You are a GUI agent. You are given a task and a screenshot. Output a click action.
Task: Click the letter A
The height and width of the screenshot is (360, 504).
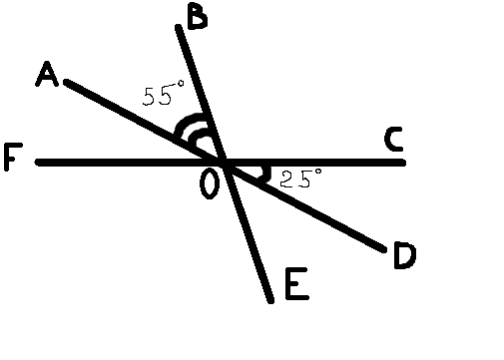[46, 75]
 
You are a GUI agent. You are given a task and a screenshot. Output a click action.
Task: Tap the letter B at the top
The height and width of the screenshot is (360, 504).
[197, 18]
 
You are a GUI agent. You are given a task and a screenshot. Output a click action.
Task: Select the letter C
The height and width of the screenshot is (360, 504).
[394, 141]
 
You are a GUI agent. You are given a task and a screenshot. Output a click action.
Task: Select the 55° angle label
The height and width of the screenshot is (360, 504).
[164, 96]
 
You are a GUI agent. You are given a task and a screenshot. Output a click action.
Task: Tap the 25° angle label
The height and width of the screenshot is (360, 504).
[300, 180]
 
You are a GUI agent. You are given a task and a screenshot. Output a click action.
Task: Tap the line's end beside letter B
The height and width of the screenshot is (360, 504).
[180, 27]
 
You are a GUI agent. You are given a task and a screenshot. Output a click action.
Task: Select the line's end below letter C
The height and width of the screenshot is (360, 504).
[402, 162]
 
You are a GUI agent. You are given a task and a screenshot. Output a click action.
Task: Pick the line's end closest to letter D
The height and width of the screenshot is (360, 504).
[383, 249]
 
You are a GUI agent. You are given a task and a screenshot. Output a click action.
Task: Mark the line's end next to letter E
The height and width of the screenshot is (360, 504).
[269, 298]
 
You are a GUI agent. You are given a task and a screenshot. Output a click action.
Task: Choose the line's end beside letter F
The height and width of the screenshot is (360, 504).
[38, 162]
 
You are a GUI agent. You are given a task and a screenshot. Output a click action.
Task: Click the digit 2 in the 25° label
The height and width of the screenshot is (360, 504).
[287, 180]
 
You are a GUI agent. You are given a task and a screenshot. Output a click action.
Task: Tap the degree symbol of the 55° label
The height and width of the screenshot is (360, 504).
[181, 88]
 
